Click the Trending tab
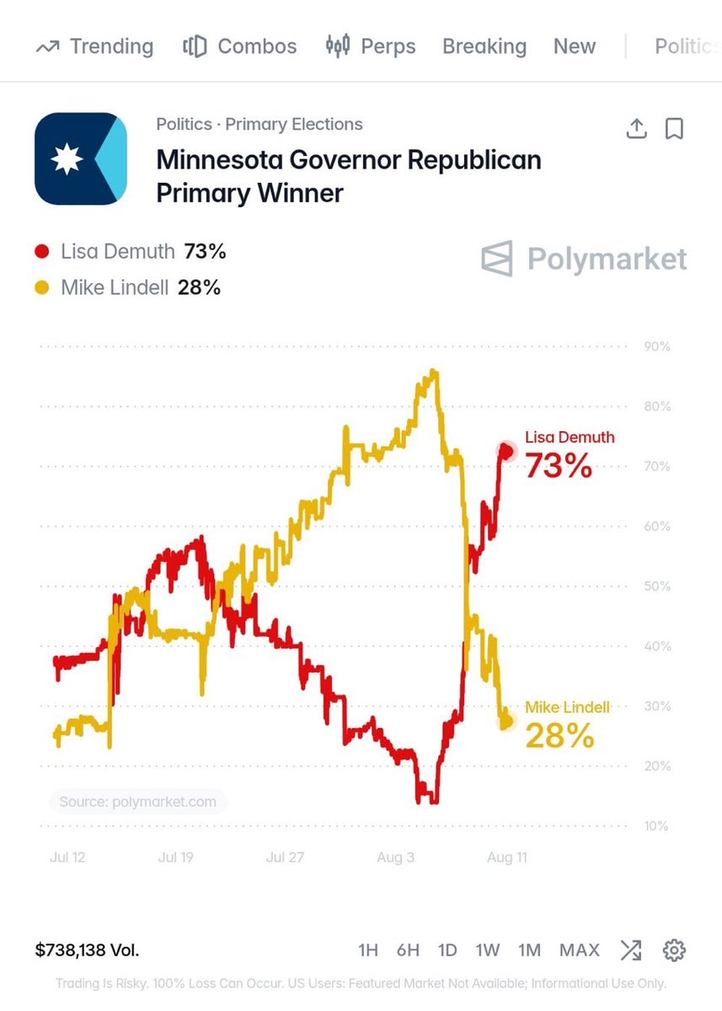[94, 46]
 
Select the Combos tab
[239, 46]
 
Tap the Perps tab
[371, 46]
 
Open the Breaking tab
[484, 46]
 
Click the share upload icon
[636, 129]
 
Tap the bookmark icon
[674, 129]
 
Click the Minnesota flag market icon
[81, 158]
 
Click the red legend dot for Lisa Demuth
[42, 251]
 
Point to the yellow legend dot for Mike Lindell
[42, 287]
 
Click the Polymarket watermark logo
[584, 259]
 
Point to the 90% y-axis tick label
[657, 346]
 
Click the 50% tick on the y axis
[657, 586]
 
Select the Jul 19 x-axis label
[175, 857]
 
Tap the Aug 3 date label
[395, 857]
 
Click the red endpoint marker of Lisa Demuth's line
[506, 451]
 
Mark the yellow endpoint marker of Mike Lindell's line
[507, 721]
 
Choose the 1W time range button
[487, 950]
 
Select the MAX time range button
[580, 950]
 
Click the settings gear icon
[674, 950]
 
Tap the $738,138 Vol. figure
[87, 950]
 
